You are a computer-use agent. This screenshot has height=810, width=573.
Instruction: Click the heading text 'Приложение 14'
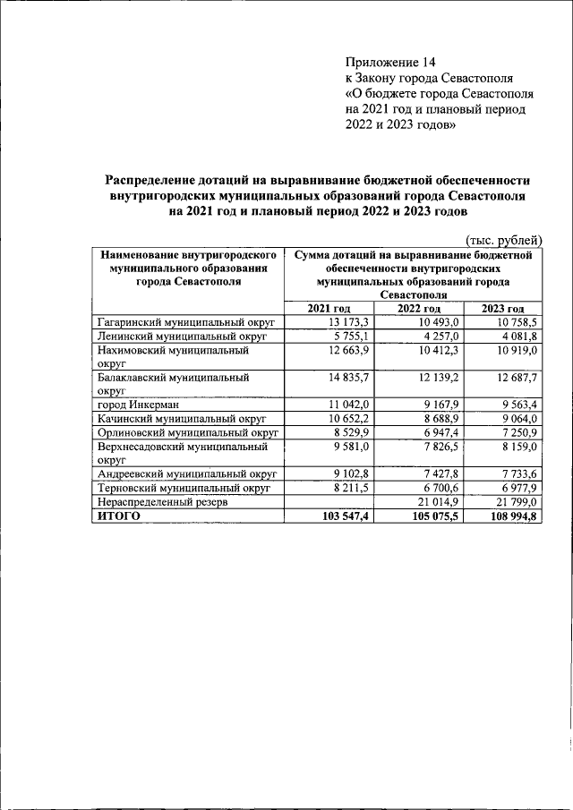point(389,62)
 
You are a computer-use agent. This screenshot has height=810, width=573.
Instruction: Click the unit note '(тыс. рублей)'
point(504,239)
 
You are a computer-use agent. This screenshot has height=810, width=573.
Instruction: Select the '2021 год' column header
point(329,309)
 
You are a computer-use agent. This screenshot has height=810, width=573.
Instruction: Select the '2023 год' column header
point(502,309)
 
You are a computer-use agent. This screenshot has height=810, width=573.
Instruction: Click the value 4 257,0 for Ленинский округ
point(436,336)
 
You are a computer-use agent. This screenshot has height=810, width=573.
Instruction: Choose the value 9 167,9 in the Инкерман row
point(436,405)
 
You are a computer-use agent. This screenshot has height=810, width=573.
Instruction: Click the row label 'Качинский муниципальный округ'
point(182,419)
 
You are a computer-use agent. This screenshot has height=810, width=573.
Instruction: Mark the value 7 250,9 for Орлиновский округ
point(516,432)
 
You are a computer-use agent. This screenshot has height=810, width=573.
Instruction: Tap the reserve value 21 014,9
point(433,501)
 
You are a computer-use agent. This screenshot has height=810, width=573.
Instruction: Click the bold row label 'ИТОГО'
point(119,516)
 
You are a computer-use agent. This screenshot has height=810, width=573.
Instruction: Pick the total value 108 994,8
point(509,516)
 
